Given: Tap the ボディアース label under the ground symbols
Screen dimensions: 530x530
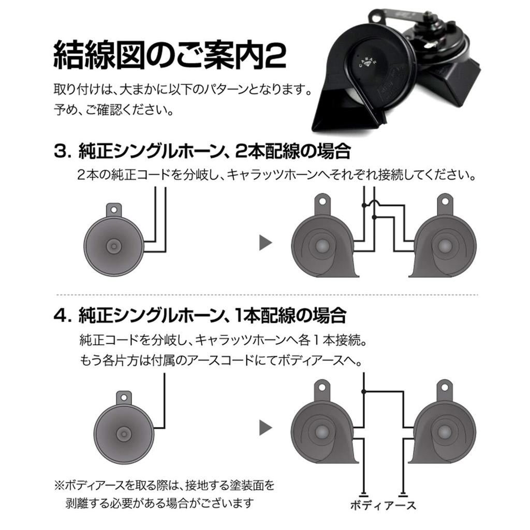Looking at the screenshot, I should coord(383,505).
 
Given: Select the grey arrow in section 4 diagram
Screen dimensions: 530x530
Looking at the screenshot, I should coord(266,427).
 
